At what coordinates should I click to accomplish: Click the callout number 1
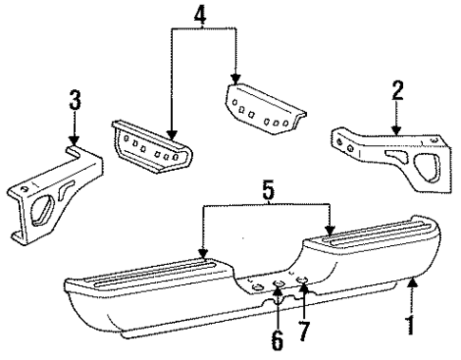point(412,326)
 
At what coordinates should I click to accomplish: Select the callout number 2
point(398,91)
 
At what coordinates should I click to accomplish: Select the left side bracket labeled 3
point(57,196)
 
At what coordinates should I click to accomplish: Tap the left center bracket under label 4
point(152,148)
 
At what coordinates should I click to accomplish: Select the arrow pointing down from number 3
point(73,141)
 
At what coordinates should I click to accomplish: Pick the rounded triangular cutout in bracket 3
point(45,210)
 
